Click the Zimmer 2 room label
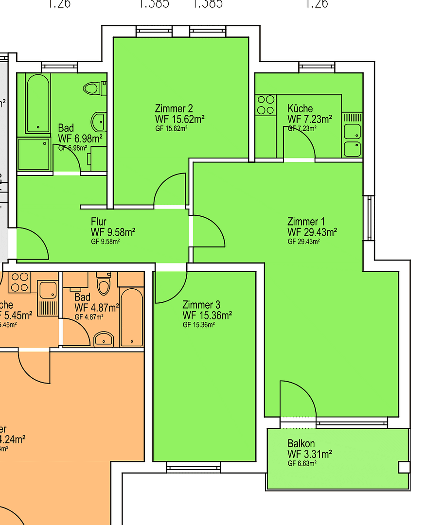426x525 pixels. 174,108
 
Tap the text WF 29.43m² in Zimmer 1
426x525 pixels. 312,232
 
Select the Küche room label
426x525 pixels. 300,108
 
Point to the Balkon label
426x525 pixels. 301,444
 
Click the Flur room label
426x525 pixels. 98,222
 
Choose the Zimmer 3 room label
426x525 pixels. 201,305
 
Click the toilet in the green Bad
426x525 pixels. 91,88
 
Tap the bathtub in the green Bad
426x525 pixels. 38,103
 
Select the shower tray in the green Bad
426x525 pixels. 34,154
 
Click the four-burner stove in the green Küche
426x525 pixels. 266,105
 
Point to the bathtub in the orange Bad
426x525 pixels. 131,317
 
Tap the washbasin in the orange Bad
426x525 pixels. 104,339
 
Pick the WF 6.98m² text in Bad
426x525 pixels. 80,139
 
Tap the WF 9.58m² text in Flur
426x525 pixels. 113,232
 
